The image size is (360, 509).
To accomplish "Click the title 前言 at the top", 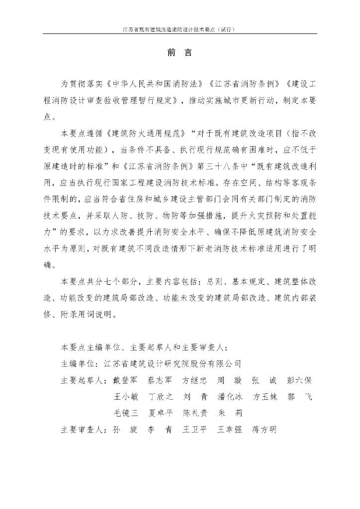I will tap(180, 53).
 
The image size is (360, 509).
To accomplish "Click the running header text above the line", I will tap(179, 29).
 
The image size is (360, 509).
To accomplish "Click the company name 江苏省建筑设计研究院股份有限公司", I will tap(173, 363).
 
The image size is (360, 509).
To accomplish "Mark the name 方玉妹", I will tap(264, 397).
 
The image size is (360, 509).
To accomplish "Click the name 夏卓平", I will tap(160, 413).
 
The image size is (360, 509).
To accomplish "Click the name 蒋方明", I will tap(264, 429).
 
